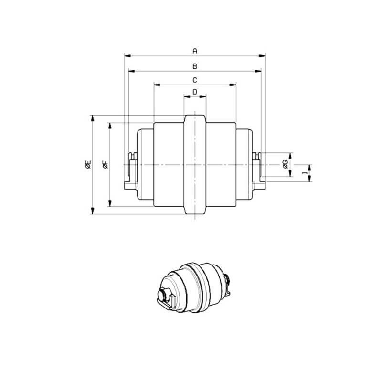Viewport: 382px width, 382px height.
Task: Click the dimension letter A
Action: coord(195,51)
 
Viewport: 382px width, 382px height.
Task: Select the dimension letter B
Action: coord(195,66)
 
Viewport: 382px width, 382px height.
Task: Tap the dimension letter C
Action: coord(195,80)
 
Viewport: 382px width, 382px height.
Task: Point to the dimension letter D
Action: coord(195,92)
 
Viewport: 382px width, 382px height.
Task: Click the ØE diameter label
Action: coord(88,164)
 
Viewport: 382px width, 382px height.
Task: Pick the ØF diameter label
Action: coord(106,164)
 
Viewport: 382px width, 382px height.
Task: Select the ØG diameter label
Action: coord(286,164)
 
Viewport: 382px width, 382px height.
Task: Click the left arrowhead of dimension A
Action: coord(128,56)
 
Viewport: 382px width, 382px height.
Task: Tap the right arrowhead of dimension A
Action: coord(262,56)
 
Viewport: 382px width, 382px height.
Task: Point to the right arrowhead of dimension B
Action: coord(258,71)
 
